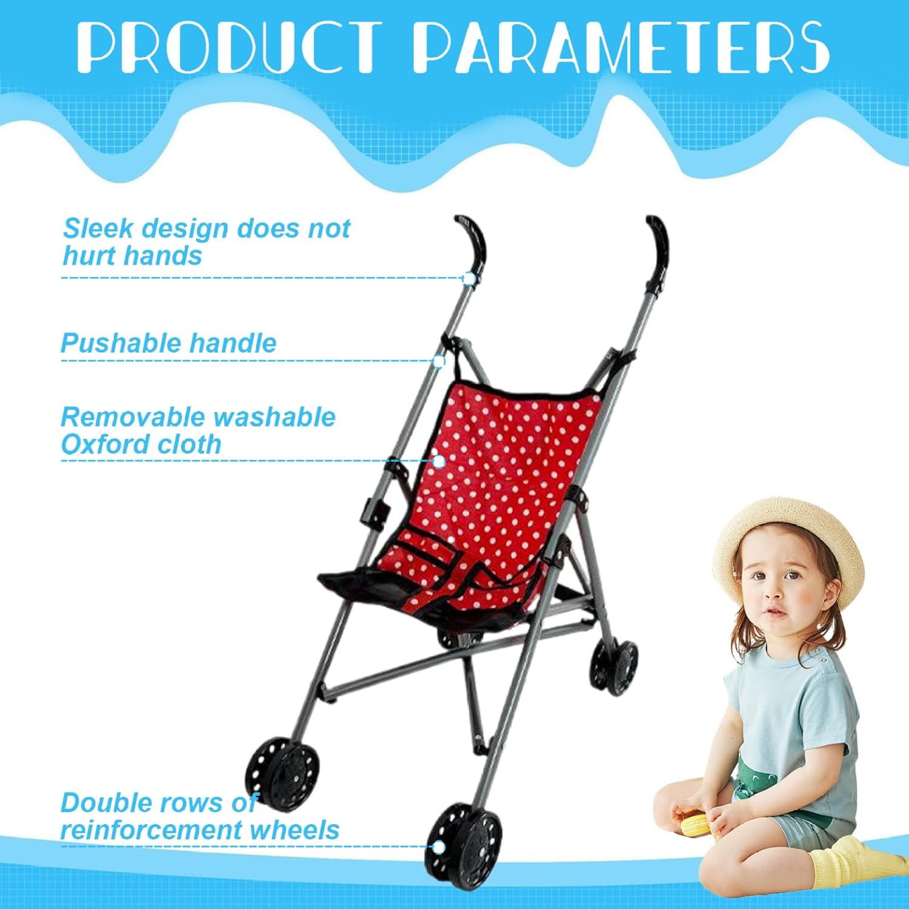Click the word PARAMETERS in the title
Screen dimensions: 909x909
(622, 47)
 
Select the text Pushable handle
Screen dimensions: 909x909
(168, 343)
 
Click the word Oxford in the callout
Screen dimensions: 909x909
(96, 444)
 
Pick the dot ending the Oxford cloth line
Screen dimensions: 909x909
(439, 461)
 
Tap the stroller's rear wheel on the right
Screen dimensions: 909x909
(614, 665)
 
